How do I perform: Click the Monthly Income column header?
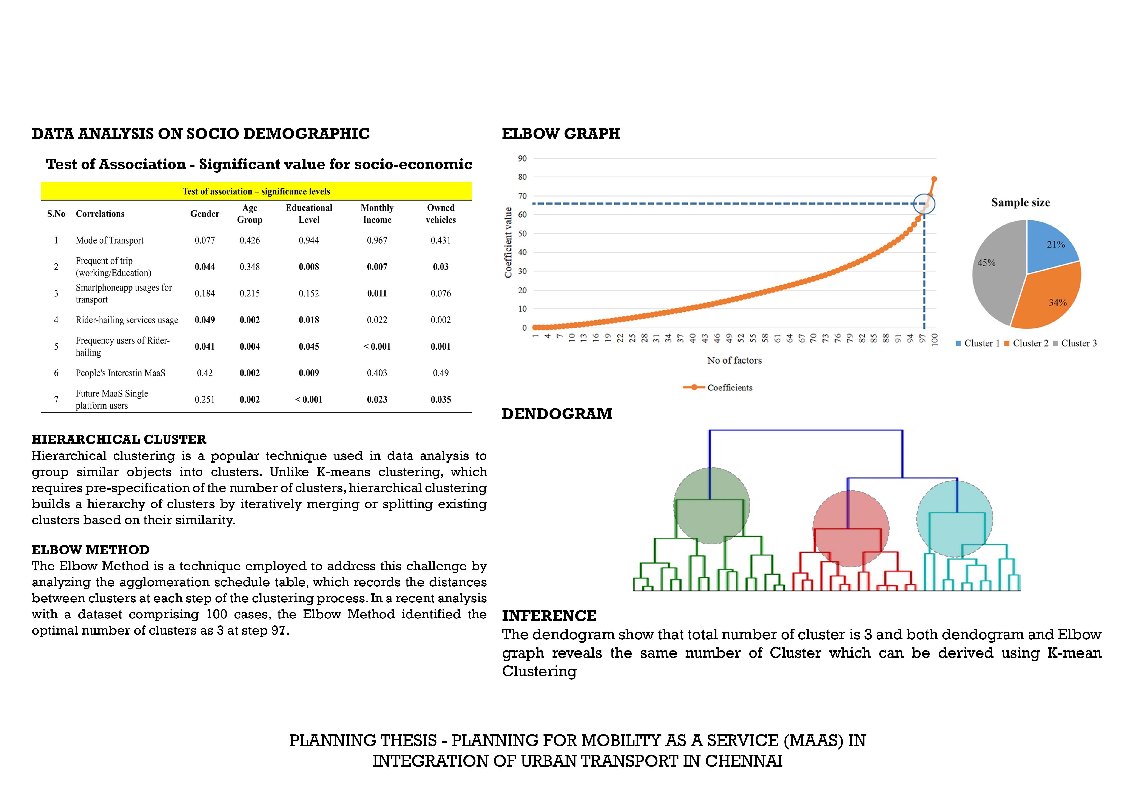[377, 214]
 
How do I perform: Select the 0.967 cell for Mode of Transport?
[377, 240]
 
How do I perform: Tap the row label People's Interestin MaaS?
[120, 373]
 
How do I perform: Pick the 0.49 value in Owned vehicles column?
[441, 373]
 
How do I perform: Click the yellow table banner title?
[256, 191]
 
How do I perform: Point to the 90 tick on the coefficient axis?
[522, 158]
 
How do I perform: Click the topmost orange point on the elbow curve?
[934, 179]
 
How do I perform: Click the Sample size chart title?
[1020, 203]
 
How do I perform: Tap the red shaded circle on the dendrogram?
[850, 529]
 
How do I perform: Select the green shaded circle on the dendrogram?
[711, 506]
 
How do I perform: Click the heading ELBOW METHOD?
[90, 550]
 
